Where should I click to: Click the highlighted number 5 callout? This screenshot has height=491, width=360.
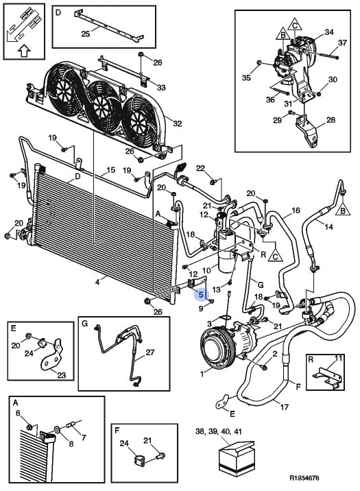pos(201,294)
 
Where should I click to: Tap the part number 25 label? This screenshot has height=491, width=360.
pos(86,34)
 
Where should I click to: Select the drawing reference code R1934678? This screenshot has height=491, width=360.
pos(304,478)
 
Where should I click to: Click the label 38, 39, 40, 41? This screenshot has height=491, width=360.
pos(219,431)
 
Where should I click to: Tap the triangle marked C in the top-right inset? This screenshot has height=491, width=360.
pos(295,24)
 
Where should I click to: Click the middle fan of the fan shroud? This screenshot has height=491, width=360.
pos(102,106)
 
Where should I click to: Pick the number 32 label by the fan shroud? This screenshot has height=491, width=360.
pos(177,123)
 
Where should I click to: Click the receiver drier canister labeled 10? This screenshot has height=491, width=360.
pos(226,254)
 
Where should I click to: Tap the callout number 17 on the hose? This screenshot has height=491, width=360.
pos(284,407)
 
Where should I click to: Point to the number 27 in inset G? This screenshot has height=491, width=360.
pos(150,352)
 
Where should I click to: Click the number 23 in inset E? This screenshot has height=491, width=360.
pos(61,374)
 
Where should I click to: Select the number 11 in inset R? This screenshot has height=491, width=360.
pos(338,359)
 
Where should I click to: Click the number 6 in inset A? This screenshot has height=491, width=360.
pos(18,414)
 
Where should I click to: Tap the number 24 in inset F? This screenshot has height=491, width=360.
pos(124,443)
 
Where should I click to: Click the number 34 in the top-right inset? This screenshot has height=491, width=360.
pos(328,32)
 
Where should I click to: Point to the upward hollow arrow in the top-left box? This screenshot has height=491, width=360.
pos(24,51)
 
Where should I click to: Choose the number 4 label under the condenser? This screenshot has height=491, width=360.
pos(97,282)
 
